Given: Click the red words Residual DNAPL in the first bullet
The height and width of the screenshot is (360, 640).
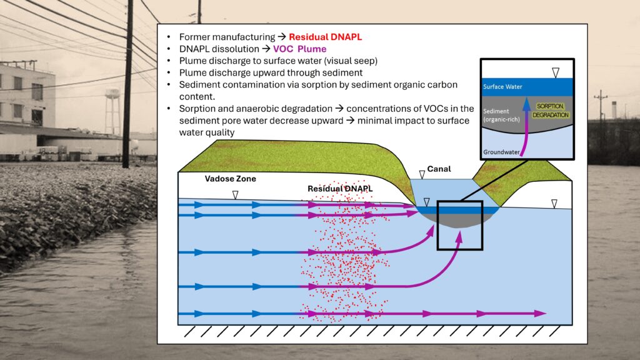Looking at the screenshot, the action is pyautogui.click(x=325, y=37).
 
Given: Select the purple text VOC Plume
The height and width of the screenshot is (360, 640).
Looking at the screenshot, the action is pyautogui.click(x=299, y=49).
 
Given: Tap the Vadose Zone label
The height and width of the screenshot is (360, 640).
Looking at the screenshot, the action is pyautogui.click(x=230, y=179).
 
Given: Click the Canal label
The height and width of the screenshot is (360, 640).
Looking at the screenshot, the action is pyautogui.click(x=439, y=169).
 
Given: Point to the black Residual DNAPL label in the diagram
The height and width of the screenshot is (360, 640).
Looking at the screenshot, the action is pyautogui.click(x=340, y=189).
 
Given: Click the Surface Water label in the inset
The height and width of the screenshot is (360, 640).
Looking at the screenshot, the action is pyautogui.click(x=502, y=86).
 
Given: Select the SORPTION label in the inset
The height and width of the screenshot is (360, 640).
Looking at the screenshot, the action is pyautogui.click(x=550, y=106).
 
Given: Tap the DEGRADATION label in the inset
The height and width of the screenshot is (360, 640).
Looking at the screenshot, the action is pyautogui.click(x=551, y=115).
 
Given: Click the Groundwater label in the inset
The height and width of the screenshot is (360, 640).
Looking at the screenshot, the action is pyautogui.click(x=501, y=152).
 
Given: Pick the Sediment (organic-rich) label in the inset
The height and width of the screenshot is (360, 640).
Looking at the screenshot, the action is pyautogui.click(x=501, y=115).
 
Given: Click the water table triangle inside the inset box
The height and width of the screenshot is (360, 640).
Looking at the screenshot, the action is pyautogui.click(x=556, y=72).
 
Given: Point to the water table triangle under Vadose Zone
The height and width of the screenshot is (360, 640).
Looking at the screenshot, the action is pyautogui.click(x=235, y=195).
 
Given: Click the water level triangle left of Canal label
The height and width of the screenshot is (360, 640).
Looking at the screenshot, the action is pyautogui.click(x=422, y=175).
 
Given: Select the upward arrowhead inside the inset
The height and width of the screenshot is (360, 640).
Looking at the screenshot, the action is pyautogui.click(x=527, y=104).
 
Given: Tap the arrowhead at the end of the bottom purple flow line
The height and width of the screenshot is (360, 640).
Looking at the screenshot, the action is pyautogui.click(x=541, y=314).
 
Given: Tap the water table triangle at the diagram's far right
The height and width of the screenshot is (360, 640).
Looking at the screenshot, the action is pyautogui.click(x=554, y=204).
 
